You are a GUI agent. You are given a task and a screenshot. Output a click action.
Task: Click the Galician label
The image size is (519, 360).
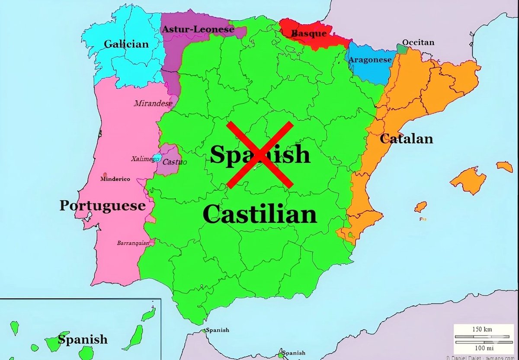(x=126, y=44)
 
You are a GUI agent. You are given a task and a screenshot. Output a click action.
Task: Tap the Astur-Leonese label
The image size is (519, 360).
(x=198, y=30)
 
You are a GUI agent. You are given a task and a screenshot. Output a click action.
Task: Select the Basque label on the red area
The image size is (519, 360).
(x=309, y=33)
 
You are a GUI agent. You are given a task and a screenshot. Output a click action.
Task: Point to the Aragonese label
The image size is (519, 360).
(x=370, y=60)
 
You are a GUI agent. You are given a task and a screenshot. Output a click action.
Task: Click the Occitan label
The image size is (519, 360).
(x=418, y=42)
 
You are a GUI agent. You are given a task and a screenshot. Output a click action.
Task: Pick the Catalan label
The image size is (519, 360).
(x=406, y=138)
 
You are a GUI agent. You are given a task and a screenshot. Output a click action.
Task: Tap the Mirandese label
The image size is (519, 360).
(x=153, y=103)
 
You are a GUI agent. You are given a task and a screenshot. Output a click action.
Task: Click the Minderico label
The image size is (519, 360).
(x=115, y=179)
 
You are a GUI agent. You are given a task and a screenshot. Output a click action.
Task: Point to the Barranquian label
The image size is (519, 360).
(x=133, y=243)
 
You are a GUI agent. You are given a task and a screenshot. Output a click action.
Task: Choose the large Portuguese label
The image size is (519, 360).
(x=102, y=205)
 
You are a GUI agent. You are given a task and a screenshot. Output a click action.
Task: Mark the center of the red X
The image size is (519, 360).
(x=260, y=154)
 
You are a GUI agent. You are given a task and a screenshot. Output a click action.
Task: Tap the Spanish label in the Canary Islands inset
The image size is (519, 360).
(x=83, y=339)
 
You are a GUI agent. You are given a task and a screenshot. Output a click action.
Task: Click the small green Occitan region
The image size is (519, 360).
(x=402, y=49)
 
